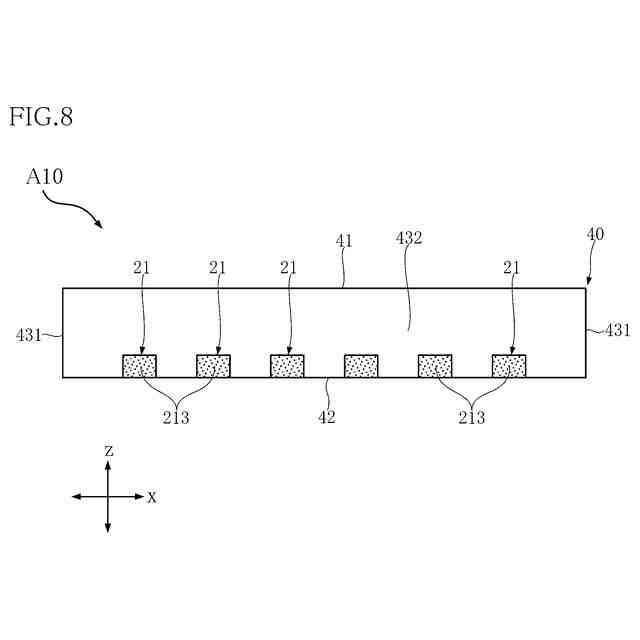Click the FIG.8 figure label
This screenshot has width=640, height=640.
(41, 117)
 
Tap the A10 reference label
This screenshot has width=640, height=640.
(45, 177)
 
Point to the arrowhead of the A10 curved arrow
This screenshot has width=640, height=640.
(99, 225)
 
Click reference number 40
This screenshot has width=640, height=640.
(595, 235)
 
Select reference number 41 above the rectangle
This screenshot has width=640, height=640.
(343, 240)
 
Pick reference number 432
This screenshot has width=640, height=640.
(409, 239)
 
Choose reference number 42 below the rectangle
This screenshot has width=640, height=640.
(327, 417)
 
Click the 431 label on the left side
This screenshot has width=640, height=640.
(28, 335)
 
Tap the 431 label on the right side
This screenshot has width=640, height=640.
(617, 331)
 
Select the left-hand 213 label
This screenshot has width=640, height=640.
(176, 417)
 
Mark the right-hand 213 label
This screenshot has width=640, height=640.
(472, 417)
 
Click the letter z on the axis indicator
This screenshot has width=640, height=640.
(109, 452)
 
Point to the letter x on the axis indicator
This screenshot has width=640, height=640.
(152, 497)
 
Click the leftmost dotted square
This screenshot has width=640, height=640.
(139, 366)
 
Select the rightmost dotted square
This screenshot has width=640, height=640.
(509, 366)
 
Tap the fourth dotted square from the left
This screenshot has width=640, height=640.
(361, 366)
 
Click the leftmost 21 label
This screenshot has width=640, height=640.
(141, 267)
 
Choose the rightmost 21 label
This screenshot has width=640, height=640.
(511, 267)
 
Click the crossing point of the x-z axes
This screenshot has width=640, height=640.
(108, 496)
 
